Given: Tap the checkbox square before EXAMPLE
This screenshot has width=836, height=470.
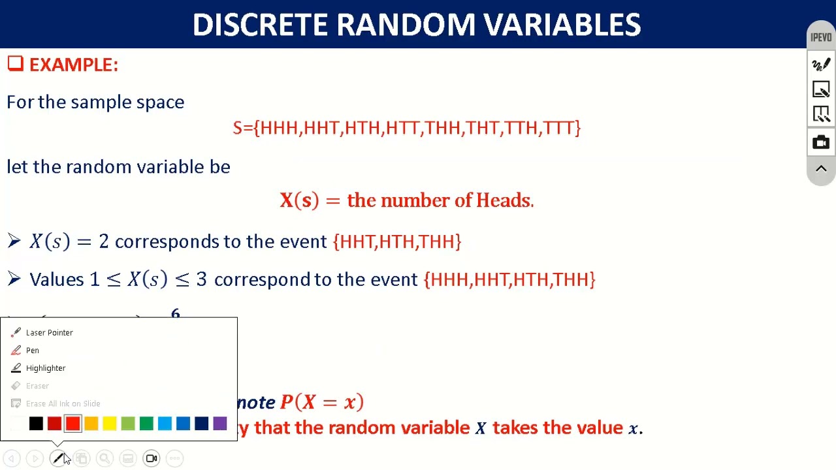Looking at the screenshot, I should click(x=15, y=63).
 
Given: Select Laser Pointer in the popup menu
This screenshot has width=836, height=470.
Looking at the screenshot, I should click(x=49, y=332).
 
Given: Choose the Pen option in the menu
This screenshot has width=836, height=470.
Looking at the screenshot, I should click(x=32, y=351).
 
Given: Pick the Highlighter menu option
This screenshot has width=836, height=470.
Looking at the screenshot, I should click(x=45, y=368).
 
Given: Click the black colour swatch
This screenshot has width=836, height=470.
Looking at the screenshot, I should click(x=36, y=424).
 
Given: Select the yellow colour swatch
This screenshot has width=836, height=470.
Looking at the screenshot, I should click(x=109, y=424).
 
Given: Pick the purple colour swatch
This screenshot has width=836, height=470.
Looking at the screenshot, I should click(x=219, y=424).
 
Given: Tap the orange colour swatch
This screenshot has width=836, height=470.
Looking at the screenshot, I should click(x=91, y=424).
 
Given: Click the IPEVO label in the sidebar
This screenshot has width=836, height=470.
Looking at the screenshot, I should click(x=821, y=37).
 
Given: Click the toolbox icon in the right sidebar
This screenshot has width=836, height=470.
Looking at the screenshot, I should click(x=821, y=142).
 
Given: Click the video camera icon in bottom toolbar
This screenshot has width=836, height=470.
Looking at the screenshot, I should click(x=152, y=458).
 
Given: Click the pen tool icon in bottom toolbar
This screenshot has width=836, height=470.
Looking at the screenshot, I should click(x=58, y=458).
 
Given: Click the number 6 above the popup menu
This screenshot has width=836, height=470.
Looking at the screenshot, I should click(x=175, y=314).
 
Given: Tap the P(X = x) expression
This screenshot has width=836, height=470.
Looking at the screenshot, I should click(x=321, y=402).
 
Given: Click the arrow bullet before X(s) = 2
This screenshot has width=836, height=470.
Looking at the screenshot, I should click(x=14, y=242).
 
